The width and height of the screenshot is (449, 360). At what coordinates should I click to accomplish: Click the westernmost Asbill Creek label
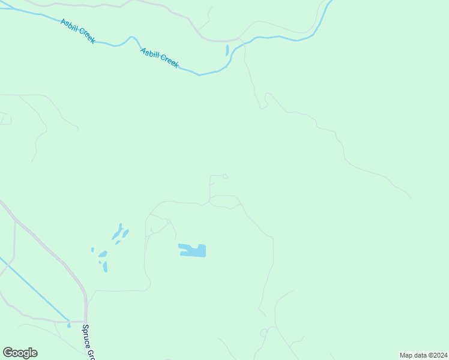(77, 31)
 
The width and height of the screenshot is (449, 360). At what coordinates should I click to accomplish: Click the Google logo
(20, 353)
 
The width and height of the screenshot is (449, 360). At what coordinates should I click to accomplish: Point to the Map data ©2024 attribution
(424, 355)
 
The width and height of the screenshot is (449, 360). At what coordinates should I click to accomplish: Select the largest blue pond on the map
(193, 250)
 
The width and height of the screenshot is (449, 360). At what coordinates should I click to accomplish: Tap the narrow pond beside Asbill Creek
(228, 50)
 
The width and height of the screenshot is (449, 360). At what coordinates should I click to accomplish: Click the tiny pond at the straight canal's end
(69, 326)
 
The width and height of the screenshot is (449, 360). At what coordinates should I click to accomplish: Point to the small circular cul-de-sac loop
(225, 176)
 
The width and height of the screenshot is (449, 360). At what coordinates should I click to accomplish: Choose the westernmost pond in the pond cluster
(92, 250)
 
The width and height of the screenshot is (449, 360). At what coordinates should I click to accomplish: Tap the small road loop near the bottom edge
(264, 332)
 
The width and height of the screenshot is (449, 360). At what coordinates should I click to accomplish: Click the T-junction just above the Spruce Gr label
(86, 321)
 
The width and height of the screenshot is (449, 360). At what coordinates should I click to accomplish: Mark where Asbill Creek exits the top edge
(330, 2)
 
